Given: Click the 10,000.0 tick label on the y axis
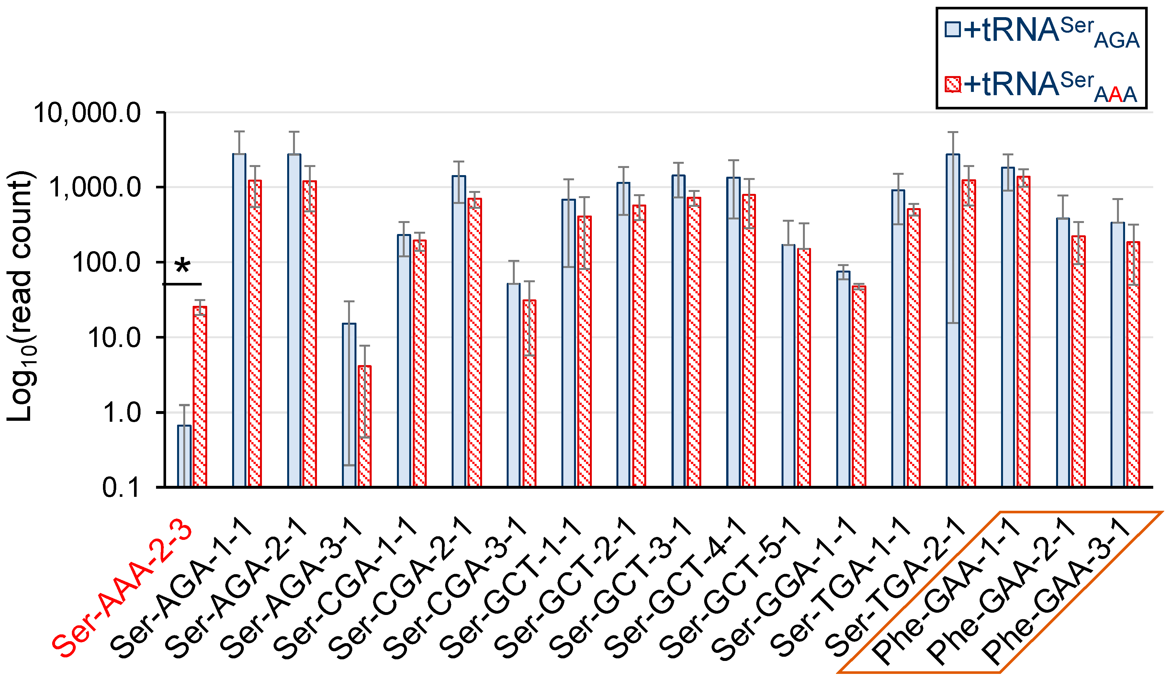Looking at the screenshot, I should [87, 113].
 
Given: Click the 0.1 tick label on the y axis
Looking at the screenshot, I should [121, 488].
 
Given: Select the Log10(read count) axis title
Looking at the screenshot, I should [19, 297].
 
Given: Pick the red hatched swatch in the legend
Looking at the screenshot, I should [952, 84].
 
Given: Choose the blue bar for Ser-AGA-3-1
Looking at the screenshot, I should [349, 404].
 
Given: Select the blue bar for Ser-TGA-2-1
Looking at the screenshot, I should [953, 321].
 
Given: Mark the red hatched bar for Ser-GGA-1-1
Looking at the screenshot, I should [859, 386].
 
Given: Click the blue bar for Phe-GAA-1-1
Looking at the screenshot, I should [1008, 325].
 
